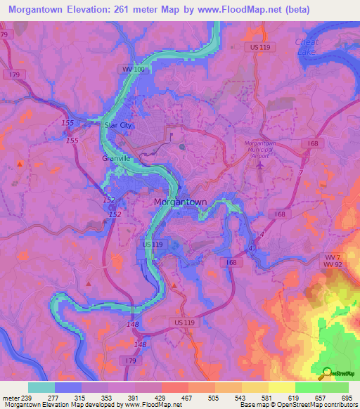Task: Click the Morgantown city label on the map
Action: pos(180,202)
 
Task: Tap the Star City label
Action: pos(117,125)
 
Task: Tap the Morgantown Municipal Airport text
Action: pos(260,148)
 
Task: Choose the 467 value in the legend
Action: pos(188,397)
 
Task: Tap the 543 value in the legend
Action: pos(241,397)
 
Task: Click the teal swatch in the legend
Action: pos(41,387)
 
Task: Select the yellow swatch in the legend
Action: pos(281,387)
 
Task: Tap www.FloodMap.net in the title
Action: pos(240,10)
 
